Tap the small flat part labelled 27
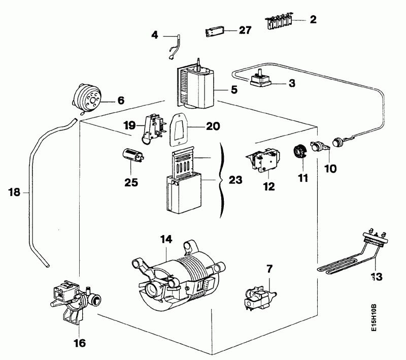click(x=214, y=32)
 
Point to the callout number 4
click(x=155, y=35)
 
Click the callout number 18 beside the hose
click(x=14, y=192)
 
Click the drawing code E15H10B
click(x=375, y=318)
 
